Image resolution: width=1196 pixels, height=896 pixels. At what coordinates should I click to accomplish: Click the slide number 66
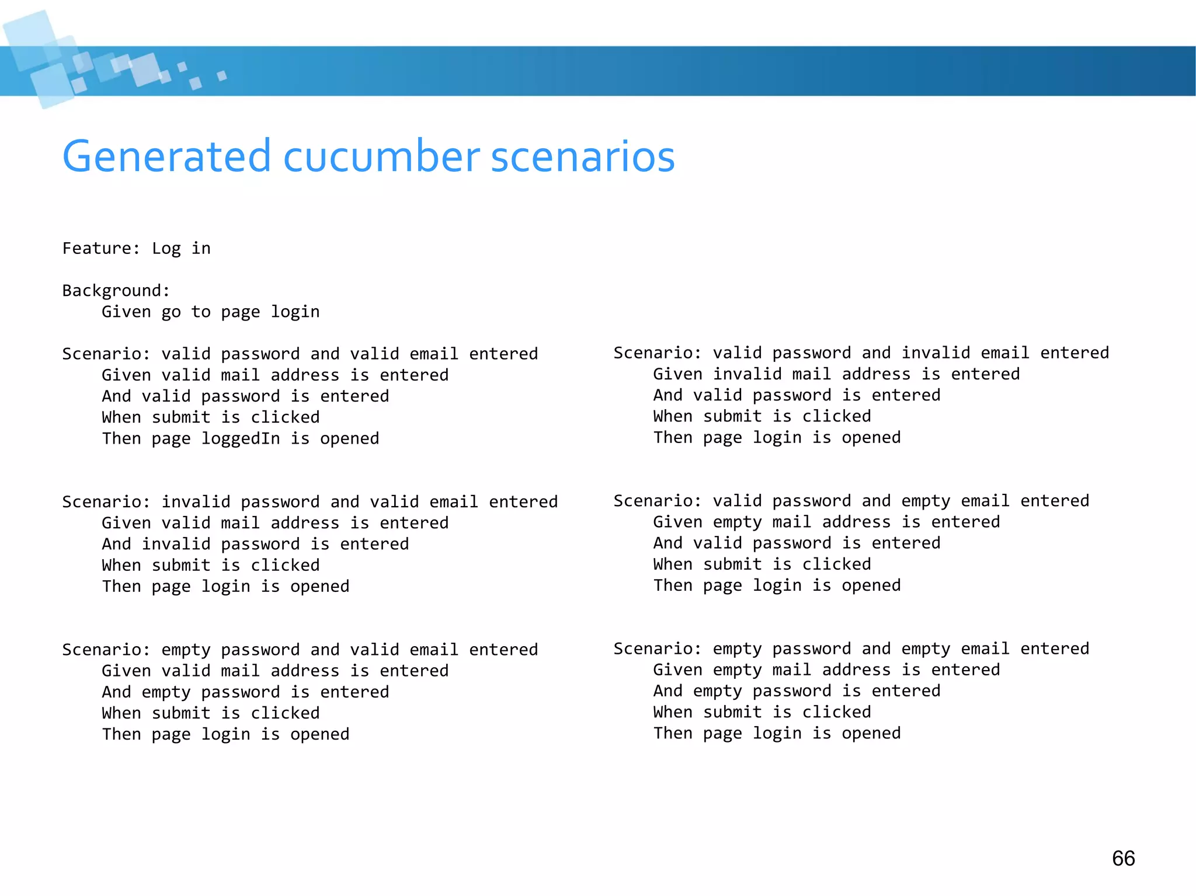coord(1123,858)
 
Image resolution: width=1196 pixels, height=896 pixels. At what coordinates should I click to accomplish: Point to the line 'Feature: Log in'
coord(136,249)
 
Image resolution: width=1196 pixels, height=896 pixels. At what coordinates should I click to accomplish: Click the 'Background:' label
coord(116,291)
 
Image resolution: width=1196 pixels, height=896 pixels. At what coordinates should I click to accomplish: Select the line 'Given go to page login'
coord(210,312)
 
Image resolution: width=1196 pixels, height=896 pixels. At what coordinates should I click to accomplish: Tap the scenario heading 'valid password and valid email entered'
coord(300,354)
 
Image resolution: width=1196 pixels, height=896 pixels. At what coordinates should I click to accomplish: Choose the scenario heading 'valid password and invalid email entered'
coord(861,353)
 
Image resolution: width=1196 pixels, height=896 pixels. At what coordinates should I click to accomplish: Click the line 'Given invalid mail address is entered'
coord(836,374)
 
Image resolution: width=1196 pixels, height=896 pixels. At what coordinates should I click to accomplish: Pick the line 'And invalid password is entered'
coord(255,544)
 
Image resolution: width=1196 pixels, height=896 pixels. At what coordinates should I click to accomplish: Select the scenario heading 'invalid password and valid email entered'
coord(310,502)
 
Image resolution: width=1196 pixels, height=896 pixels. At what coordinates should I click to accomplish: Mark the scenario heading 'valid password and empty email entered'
coord(851,501)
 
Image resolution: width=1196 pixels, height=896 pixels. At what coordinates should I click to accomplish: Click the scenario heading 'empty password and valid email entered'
coord(300,650)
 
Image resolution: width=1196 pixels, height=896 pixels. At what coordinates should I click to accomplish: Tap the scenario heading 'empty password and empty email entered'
coord(851,649)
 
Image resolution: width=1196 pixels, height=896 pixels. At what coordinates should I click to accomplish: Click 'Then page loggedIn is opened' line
coord(241,438)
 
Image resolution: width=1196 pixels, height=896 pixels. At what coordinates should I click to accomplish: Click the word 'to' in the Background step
coord(201,312)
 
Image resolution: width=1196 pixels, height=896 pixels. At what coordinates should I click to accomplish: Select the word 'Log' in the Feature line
coord(166,249)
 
